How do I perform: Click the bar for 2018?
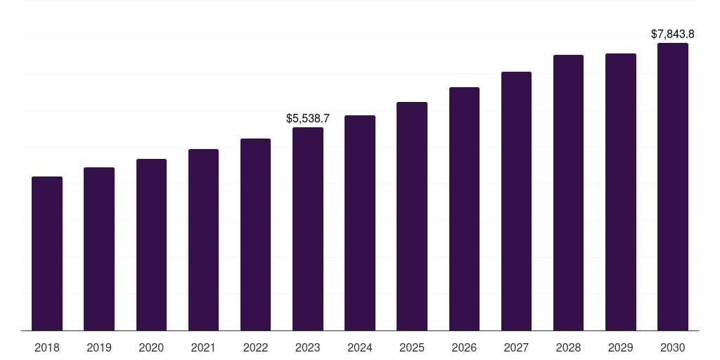tap(47, 253)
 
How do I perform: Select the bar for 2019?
tap(99, 249)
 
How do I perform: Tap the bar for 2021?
tap(203, 240)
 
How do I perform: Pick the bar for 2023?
tap(308, 229)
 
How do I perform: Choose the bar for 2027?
tap(516, 201)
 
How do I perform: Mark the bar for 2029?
tap(621, 192)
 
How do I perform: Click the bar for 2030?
tap(673, 186)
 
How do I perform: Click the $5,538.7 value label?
tap(308, 118)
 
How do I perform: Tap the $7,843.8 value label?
tap(673, 34)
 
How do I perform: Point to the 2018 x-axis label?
tap(47, 347)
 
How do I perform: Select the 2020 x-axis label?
tap(151, 347)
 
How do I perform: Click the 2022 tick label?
tap(256, 347)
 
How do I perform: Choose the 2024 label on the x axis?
tap(360, 347)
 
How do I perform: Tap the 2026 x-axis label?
tap(464, 347)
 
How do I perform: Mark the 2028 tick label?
tap(568, 347)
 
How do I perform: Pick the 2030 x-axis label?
tap(673, 347)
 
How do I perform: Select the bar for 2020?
tap(151, 245)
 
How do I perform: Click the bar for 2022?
tap(256, 234)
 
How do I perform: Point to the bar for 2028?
tap(568, 193)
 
